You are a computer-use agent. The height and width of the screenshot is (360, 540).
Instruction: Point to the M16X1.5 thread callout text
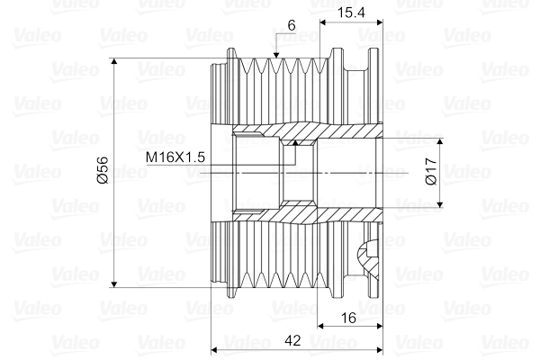coord(176,157)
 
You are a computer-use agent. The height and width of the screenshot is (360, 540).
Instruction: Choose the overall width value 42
coord(292,341)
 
